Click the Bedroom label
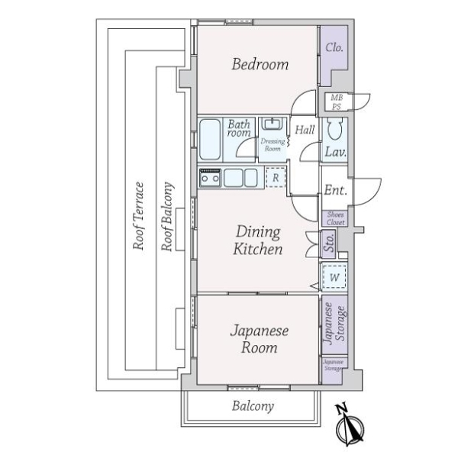pyautogui.click(x=260, y=64)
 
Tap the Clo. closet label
pyautogui.click(x=334, y=47)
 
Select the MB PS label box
pyautogui.click(x=336, y=102)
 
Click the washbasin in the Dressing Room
pyautogui.click(x=271, y=124)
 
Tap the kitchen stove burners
pyautogui.click(x=210, y=178)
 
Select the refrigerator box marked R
pyautogui.click(x=276, y=177)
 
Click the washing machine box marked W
pyautogui.click(x=334, y=277)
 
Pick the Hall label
pyautogui.click(x=305, y=131)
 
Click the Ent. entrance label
pyautogui.click(x=335, y=191)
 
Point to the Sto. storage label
pyautogui.click(x=329, y=245)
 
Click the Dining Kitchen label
pyautogui.click(x=258, y=240)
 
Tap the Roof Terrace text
pyautogui.click(x=139, y=217)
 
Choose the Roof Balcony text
pyautogui.click(x=166, y=217)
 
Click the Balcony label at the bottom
pyautogui.click(x=253, y=407)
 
